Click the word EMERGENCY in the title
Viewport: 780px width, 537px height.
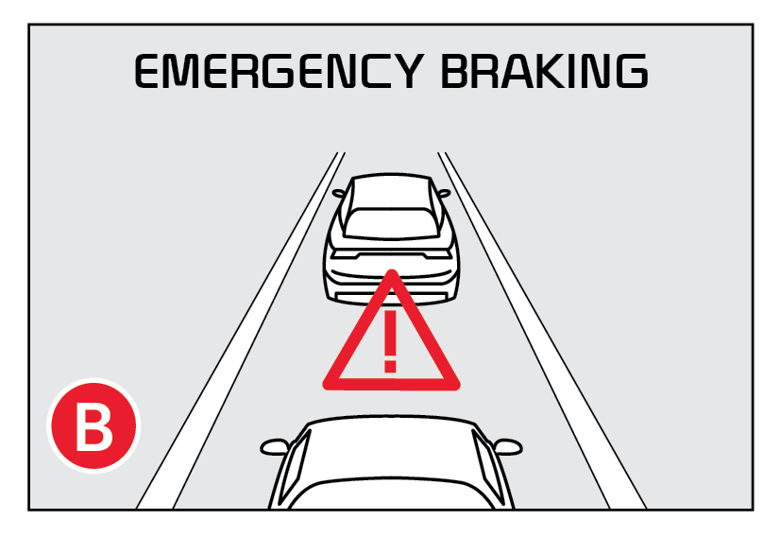coord(280,72)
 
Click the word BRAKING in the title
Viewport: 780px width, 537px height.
coord(545,71)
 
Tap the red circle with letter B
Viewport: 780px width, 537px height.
coord(93,426)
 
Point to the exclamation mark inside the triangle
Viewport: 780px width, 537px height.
coord(391,341)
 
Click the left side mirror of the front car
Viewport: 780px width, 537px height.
coord(339,193)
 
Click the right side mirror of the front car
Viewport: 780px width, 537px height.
coord(443,193)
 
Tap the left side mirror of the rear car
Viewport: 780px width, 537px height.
coord(275,447)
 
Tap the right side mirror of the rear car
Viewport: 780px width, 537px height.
coord(508,447)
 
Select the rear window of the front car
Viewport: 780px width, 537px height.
coord(391,223)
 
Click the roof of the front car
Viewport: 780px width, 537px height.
coord(391,191)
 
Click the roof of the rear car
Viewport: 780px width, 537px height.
coord(391,448)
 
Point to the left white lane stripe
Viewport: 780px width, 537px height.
coord(240,330)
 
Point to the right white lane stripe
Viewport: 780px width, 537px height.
coord(542,330)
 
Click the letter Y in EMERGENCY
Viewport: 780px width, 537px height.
coord(405,72)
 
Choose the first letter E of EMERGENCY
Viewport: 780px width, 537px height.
coord(149,72)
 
